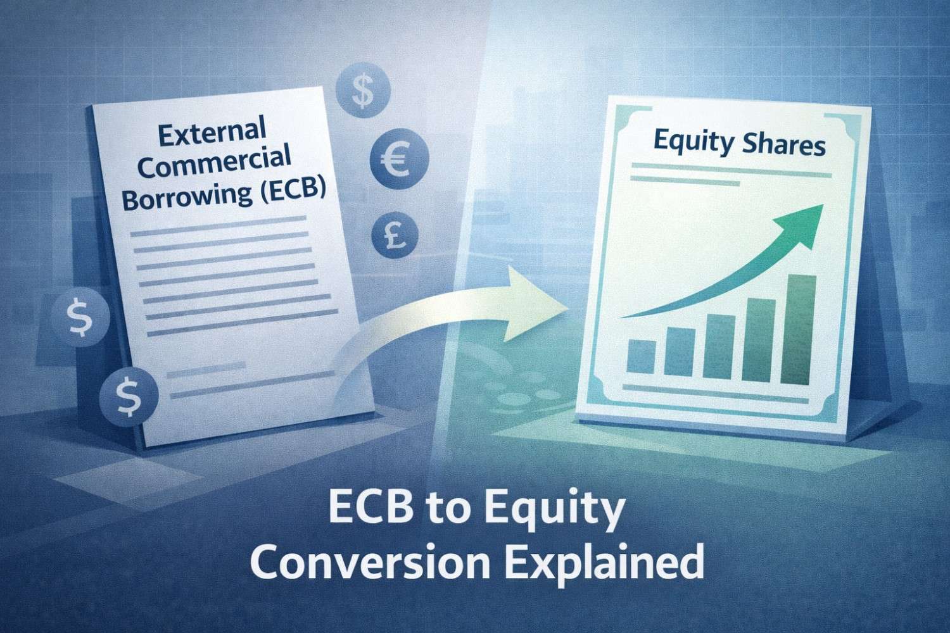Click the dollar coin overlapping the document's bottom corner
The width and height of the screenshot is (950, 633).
click(x=129, y=393)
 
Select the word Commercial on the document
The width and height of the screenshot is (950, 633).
click(x=214, y=163)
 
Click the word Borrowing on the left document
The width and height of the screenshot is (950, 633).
click(x=184, y=196)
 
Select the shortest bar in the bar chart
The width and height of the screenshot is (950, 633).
click(x=642, y=356)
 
